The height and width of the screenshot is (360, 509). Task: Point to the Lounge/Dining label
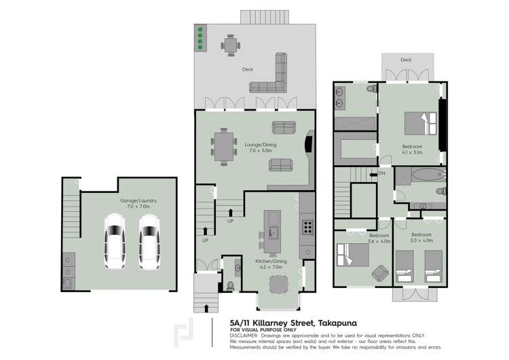[259, 145]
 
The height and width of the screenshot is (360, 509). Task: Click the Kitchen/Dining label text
[274, 262]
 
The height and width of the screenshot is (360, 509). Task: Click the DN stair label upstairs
[381, 174]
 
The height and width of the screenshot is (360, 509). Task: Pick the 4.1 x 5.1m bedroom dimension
[413, 153]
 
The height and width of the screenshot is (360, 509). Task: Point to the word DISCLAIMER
[244, 335]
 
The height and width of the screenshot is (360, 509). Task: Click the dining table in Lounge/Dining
[224, 145]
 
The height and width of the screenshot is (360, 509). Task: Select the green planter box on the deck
[201, 37]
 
